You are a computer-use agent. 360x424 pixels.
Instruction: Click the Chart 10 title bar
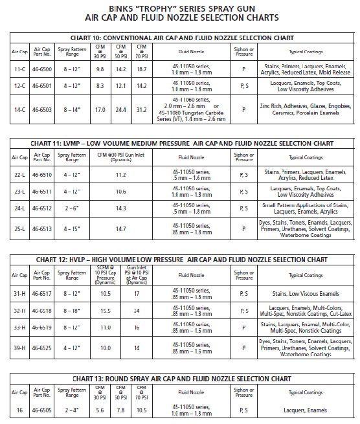[180, 38]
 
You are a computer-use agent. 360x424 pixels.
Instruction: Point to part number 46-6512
[41, 209]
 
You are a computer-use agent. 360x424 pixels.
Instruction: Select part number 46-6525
[41, 348]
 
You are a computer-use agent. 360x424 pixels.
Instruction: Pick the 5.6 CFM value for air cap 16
[100, 409]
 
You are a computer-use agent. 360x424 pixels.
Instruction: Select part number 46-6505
[41, 409]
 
